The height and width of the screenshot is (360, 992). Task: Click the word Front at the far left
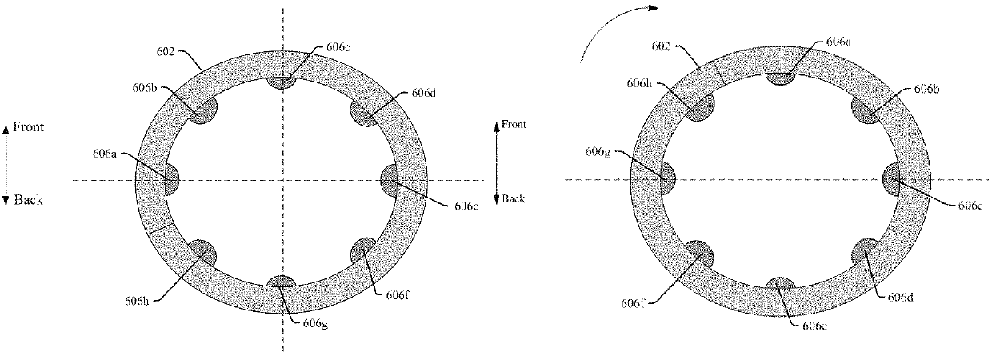(28, 127)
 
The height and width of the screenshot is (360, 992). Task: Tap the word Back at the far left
(28, 200)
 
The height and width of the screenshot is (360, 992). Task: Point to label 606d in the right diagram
(901, 296)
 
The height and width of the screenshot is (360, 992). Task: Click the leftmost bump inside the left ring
(170, 179)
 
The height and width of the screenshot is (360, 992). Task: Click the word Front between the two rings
(514, 125)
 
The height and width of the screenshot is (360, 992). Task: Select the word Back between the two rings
(514, 198)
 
